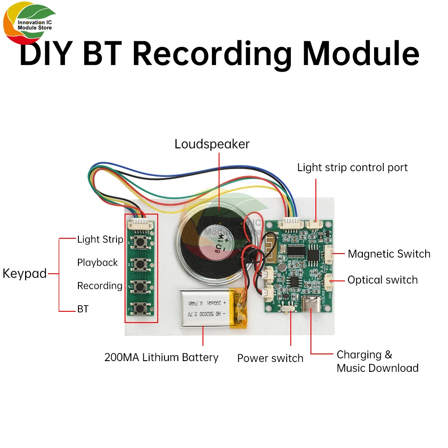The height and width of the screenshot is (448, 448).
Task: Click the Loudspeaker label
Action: click(212, 144)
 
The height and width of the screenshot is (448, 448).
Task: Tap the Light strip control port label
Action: click(353, 168)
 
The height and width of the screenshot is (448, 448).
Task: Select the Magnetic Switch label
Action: click(389, 254)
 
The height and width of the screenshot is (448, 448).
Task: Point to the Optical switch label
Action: click(383, 280)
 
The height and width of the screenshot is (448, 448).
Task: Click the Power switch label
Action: click(270, 358)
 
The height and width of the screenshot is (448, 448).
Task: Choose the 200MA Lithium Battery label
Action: click(161, 358)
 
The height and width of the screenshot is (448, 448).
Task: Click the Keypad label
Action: click(25, 274)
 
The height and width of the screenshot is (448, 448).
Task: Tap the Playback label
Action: click(97, 263)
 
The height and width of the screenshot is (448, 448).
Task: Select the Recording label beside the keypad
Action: click(99, 286)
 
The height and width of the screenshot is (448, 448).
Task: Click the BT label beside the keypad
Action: click(83, 309)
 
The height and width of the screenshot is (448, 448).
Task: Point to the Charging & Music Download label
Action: click(377, 362)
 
